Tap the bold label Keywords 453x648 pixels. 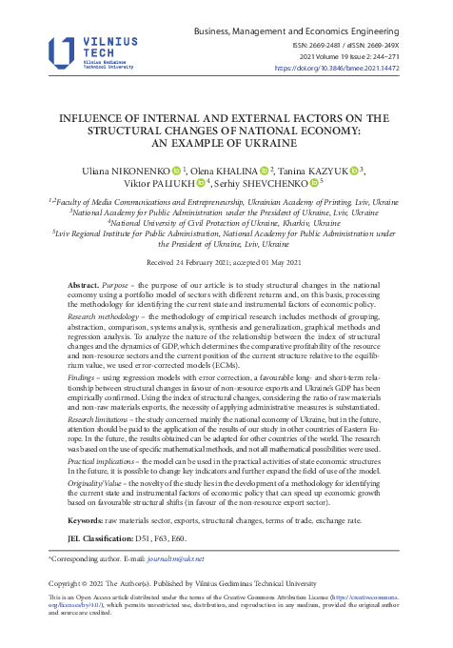(x=92, y=523)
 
